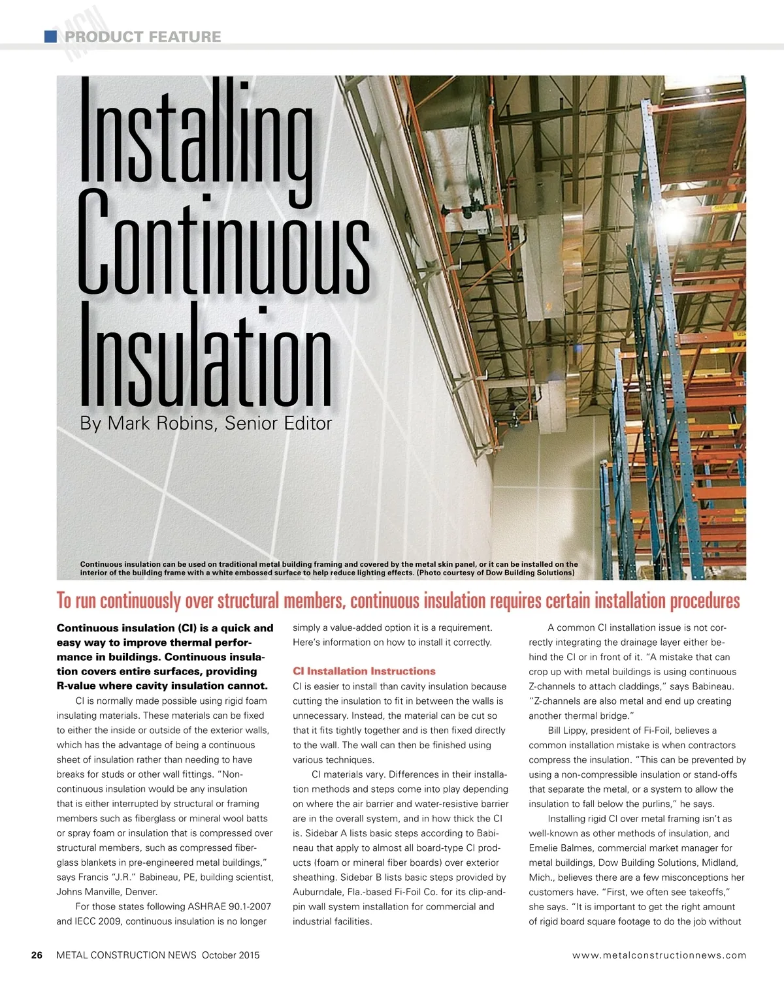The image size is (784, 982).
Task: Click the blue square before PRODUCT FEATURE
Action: tap(50, 37)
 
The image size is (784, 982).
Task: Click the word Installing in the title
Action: tap(196, 134)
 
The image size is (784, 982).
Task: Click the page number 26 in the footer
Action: tap(37, 955)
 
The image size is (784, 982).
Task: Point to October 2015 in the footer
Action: tap(231, 955)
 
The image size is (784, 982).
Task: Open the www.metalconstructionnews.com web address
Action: tap(659, 955)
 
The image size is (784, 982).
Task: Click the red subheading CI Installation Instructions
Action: tap(364, 671)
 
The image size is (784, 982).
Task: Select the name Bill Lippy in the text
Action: tap(570, 731)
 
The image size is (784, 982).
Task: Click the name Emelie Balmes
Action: tap(560, 848)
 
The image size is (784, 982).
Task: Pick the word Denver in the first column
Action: tap(141, 892)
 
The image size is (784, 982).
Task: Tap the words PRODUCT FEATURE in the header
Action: tap(142, 37)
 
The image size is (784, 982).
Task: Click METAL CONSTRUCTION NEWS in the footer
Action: tap(126, 955)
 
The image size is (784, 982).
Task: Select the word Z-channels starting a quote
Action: tap(555, 701)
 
